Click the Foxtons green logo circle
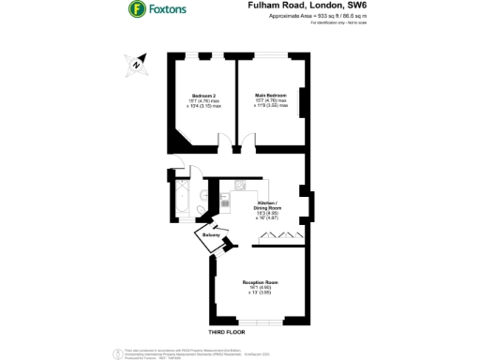click(136, 11)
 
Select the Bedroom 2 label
click(203, 99)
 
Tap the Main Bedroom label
click(270, 98)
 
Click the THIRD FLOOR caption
click(253, 333)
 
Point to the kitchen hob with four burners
click(226, 200)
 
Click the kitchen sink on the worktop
click(240, 185)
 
